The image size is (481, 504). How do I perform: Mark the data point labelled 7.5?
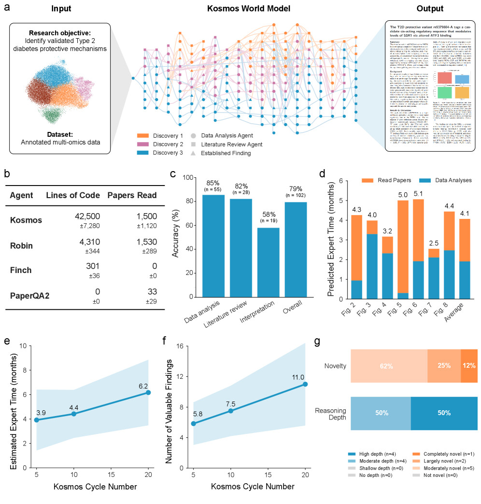click(x=231, y=411)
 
